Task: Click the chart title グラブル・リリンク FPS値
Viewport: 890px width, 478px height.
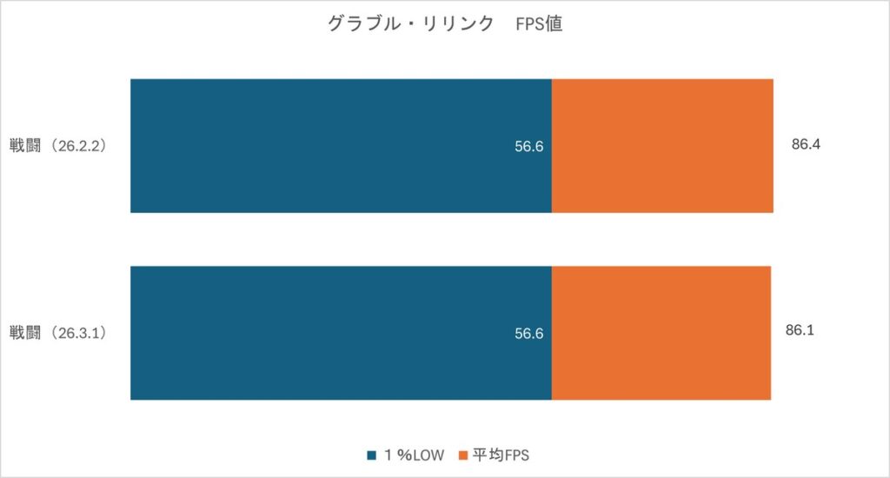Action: click(x=445, y=24)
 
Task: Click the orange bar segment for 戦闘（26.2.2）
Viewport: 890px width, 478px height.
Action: click(x=662, y=145)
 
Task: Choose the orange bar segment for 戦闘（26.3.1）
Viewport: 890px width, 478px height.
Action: click(x=661, y=333)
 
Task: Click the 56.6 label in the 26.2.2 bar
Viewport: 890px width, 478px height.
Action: click(x=528, y=146)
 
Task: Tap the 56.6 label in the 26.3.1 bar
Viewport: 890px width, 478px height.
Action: click(x=528, y=334)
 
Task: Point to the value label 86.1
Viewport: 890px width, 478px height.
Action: click(x=799, y=331)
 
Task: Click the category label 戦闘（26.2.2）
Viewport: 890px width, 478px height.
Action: click(x=58, y=146)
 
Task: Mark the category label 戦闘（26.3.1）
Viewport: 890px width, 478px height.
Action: click(x=58, y=334)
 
